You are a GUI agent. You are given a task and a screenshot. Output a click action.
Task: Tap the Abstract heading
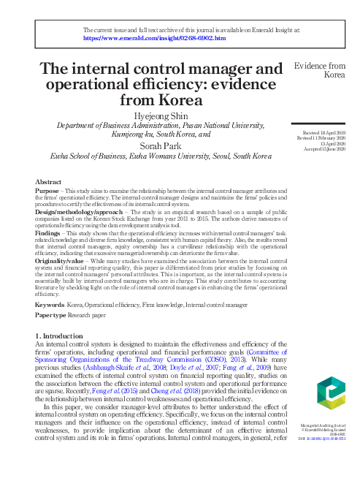click(x=48, y=181)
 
